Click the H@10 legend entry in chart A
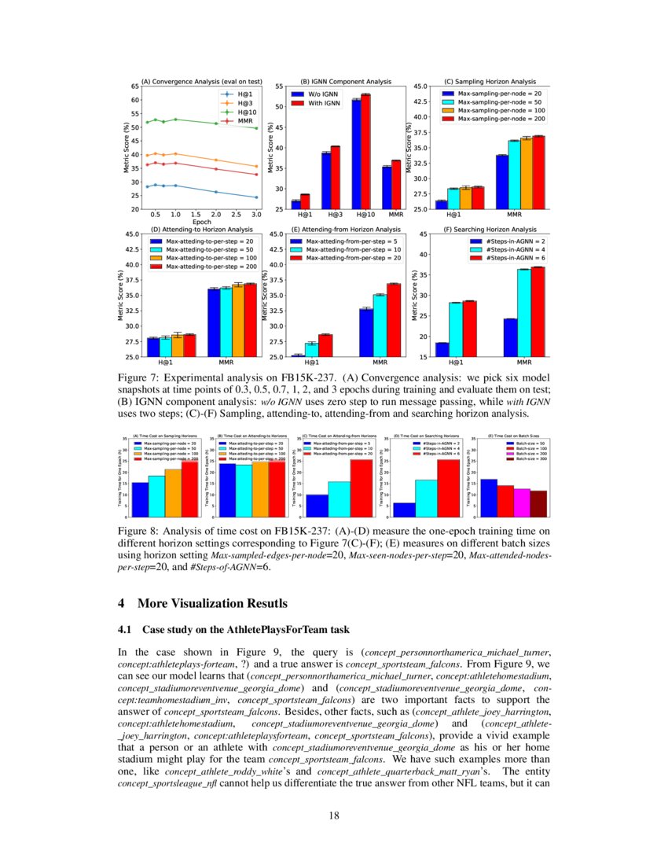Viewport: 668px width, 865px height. [240, 112]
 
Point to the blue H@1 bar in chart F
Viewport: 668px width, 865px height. [442, 349]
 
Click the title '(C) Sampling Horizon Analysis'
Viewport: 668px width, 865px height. [490, 81]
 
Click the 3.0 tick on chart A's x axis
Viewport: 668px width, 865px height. [255, 214]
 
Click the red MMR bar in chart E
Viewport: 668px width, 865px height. [394, 319]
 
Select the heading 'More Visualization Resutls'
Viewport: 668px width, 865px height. [212, 603]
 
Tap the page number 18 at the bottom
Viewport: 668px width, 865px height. [334, 815]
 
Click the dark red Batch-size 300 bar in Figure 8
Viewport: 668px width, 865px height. [538, 503]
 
